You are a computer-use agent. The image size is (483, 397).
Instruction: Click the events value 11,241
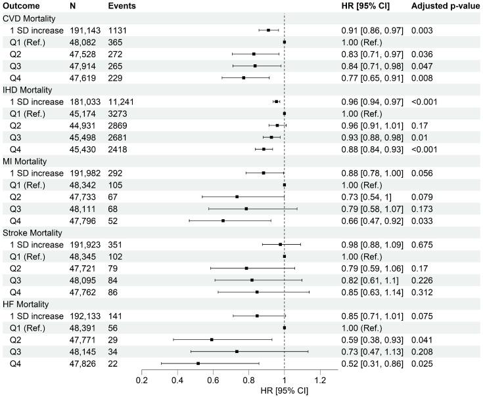click(122, 101)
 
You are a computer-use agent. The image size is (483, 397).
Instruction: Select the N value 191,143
click(85, 30)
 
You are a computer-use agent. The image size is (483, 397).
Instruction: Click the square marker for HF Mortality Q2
click(212, 339)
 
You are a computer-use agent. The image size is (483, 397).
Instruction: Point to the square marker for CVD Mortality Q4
click(243, 77)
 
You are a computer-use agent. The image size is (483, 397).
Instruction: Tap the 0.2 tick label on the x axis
click(141, 380)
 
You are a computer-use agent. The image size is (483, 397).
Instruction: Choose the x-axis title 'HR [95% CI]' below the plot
click(285, 391)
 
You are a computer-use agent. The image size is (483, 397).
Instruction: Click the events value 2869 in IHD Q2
click(118, 125)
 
